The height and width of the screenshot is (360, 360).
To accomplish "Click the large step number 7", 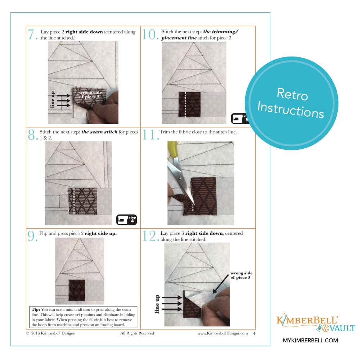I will (x=33, y=34).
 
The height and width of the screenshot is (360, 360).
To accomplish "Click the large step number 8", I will (x=33, y=134).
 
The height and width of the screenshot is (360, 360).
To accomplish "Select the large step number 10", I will (x=150, y=34).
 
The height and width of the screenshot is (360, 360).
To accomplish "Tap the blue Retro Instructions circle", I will (x=292, y=103).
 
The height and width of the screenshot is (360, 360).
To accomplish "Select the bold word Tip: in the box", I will (x=36, y=309).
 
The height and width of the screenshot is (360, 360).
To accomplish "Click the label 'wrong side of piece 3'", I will (x=241, y=275).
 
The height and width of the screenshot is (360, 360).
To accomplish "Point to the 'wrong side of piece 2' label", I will (x=90, y=95).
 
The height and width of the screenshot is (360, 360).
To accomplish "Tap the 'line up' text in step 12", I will (x=157, y=304).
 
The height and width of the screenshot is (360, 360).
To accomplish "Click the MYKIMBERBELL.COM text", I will (x=310, y=340).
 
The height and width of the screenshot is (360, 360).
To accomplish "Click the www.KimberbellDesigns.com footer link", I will (x=222, y=333).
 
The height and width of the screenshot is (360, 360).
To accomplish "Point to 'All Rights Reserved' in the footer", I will (x=137, y=333).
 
